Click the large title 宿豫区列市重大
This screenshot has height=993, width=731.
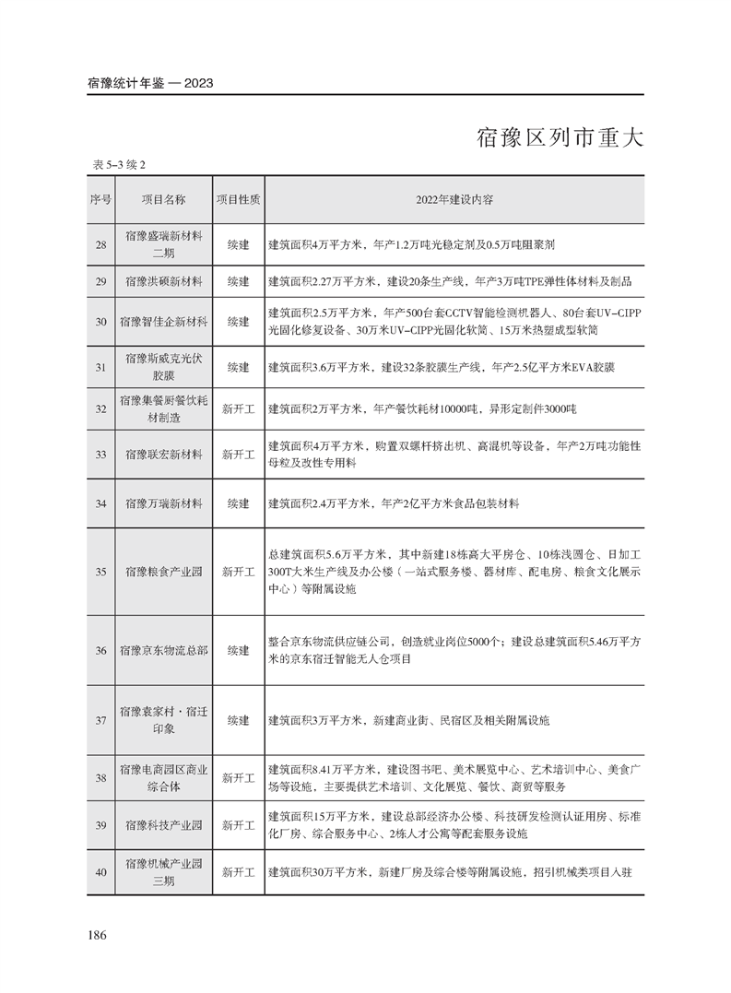(x=559, y=138)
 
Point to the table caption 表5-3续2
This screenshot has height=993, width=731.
(x=119, y=165)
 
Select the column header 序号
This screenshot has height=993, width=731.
(x=100, y=199)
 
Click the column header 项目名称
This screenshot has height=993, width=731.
(x=163, y=199)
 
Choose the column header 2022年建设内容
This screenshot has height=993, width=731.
(x=454, y=199)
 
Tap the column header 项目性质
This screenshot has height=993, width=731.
(x=238, y=199)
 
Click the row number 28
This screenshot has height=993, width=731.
(x=100, y=244)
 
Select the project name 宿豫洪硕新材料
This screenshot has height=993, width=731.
(x=163, y=279)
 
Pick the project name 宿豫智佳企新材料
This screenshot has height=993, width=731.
(x=163, y=322)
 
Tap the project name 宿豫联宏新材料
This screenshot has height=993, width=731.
(x=163, y=455)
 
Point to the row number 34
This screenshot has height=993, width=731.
(x=100, y=503)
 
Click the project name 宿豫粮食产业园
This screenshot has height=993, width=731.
(x=163, y=572)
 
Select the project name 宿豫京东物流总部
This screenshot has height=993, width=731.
(x=163, y=650)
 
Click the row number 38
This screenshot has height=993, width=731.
(x=100, y=777)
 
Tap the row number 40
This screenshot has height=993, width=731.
(x=100, y=871)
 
